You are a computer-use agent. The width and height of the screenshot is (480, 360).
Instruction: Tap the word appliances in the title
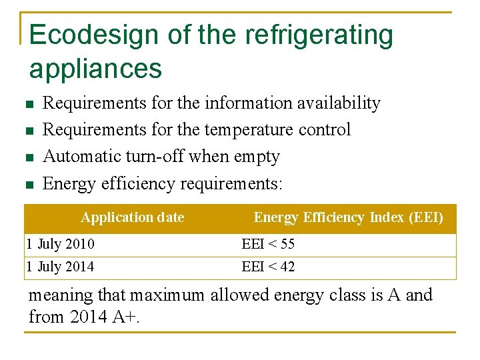[x=95, y=69]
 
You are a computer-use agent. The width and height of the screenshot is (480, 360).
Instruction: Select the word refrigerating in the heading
[x=319, y=35]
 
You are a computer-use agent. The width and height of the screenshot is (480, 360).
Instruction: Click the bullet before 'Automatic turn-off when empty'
[x=27, y=158]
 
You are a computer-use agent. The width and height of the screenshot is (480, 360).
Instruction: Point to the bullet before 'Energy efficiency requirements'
[x=27, y=185]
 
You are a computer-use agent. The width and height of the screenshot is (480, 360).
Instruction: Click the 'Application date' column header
[x=132, y=217]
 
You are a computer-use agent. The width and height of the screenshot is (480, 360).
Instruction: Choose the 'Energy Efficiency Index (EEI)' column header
[x=348, y=217]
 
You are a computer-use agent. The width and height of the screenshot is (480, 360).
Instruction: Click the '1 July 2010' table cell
[x=60, y=244]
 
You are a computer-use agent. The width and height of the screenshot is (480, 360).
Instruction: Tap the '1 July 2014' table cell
[x=60, y=267]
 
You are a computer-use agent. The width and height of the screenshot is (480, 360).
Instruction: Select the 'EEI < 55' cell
[x=268, y=244]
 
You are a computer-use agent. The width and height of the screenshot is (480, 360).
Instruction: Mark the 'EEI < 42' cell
[x=268, y=267]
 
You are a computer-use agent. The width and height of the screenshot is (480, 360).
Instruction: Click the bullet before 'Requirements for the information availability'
[x=27, y=105]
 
